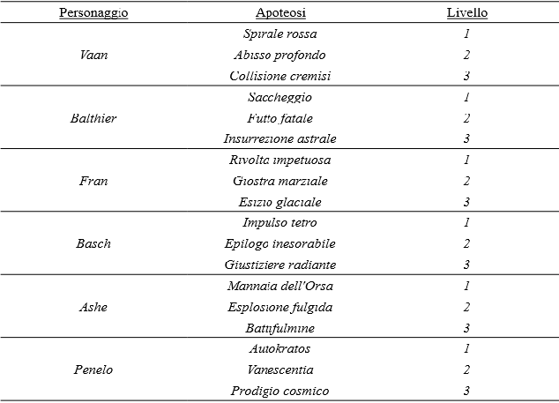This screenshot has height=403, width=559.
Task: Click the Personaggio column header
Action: point(93,13)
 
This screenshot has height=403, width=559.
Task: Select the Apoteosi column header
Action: point(279,13)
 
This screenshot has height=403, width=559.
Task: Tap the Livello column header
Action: point(466,13)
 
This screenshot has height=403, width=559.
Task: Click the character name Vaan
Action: point(93,55)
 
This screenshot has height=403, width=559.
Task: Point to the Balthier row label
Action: point(93,118)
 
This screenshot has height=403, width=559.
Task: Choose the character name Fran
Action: point(93,181)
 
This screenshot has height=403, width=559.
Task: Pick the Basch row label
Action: point(93,243)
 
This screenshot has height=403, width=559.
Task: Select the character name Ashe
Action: point(93,307)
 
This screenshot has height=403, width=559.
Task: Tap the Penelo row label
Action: point(93,369)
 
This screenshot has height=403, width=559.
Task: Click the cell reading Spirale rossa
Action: point(279,34)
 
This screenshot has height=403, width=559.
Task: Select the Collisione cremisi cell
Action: point(279,76)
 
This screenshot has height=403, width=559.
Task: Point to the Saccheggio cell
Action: point(279,97)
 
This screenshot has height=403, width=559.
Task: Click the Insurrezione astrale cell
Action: point(279,138)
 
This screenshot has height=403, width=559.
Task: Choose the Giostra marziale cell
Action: point(279,181)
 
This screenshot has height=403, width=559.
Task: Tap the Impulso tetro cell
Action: point(279,222)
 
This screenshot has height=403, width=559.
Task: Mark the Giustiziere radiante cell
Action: point(279,265)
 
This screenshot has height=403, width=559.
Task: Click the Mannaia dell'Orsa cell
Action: point(279,286)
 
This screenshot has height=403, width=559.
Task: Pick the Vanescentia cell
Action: point(279,369)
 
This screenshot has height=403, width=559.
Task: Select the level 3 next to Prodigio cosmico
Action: point(466,391)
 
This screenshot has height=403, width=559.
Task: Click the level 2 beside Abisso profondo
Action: point(466,55)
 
